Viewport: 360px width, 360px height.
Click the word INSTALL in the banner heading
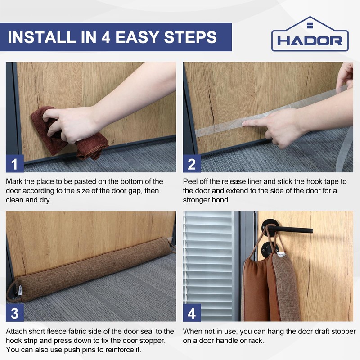(x=42, y=37)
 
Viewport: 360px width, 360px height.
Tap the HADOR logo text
(x=310, y=41)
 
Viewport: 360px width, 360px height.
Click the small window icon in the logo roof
(x=310, y=25)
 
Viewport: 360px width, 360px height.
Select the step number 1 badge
(x=15, y=164)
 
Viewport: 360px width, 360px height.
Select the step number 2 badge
(x=192, y=164)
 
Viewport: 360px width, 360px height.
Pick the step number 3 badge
(x=15, y=313)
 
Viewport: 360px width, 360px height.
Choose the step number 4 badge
(x=192, y=313)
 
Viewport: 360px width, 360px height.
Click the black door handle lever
(x=290, y=229)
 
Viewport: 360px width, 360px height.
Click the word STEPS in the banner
(x=190, y=37)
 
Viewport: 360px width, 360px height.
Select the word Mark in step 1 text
(x=14, y=182)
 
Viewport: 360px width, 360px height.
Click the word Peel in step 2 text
(x=190, y=182)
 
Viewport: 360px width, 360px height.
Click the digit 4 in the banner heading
(x=106, y=37)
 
